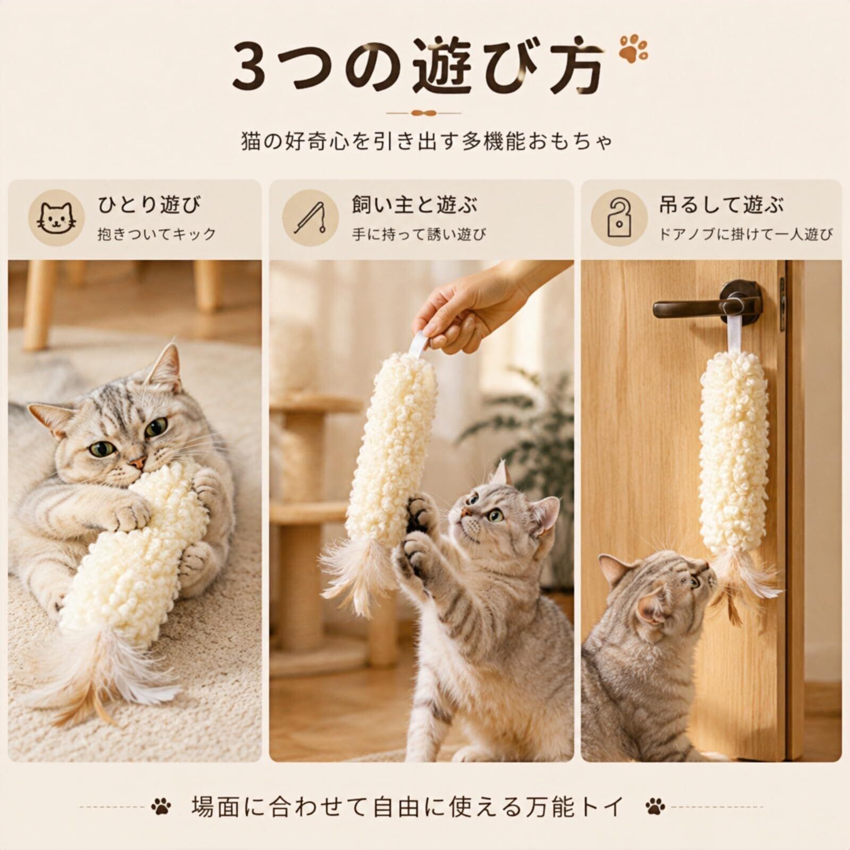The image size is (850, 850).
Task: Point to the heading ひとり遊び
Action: point(149,205)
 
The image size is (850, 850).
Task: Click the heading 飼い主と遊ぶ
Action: point(414,205)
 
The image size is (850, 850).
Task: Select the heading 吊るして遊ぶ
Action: point(721,205)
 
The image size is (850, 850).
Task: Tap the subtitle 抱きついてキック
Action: point(157,234)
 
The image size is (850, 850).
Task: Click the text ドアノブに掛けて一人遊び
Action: point(745,234)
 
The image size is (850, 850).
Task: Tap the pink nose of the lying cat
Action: point(138,462)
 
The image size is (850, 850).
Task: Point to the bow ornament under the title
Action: point(423,113)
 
